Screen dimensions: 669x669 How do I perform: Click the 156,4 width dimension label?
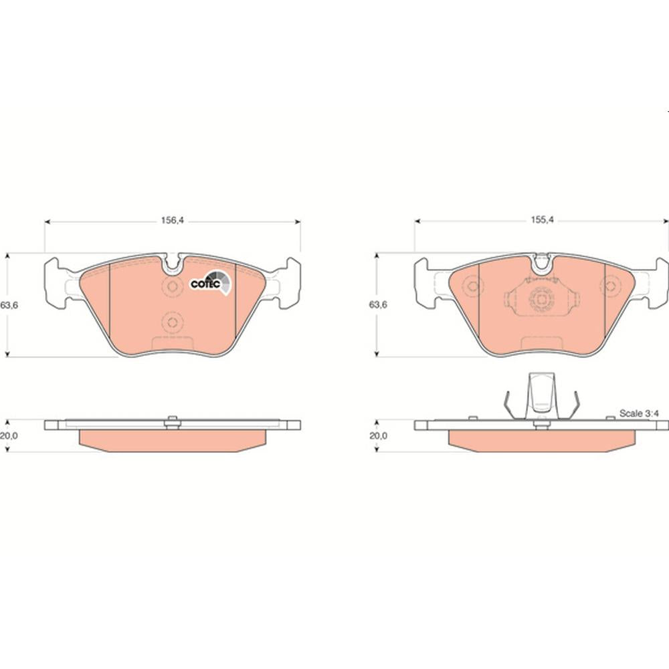pos(172,221)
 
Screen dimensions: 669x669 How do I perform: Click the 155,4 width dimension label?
pos(542,219)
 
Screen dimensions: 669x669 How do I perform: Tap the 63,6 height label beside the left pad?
pos(9,306)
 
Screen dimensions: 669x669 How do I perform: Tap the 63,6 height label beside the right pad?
pos(378,304)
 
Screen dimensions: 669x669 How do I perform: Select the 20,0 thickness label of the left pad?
pos(9,436)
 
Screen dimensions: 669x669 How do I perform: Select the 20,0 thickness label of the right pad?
pos(378,436)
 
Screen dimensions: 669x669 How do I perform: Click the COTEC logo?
pos(210,282)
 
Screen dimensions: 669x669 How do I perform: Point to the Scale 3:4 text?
pos(639,413)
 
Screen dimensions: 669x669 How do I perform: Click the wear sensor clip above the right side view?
pos(541,396)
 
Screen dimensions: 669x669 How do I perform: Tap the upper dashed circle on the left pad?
pos(172,286)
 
